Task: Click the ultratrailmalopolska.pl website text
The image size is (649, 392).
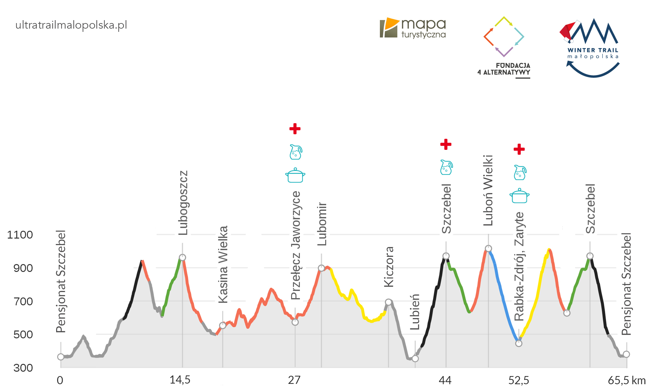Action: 71,25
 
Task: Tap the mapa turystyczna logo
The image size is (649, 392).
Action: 412,28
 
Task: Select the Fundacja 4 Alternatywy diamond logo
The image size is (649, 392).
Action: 504,36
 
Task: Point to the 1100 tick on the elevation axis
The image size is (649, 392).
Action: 20,235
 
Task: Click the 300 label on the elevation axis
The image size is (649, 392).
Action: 23,368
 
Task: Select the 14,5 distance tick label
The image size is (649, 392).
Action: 180,380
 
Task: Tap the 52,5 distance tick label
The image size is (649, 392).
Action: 519,380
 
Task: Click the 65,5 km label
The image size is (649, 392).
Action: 627,380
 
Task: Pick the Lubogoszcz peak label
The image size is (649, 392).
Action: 183,203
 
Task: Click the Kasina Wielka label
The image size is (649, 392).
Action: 223,264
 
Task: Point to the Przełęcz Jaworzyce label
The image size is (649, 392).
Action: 296,245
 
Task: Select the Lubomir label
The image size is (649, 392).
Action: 322,224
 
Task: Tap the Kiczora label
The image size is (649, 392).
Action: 389,267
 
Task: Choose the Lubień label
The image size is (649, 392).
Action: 415,312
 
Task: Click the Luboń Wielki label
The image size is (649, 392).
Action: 488,190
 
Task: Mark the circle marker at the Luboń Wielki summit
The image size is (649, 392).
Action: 488,249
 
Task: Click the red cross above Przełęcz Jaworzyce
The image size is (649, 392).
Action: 295,129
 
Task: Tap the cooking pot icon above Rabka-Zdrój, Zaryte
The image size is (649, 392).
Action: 520,196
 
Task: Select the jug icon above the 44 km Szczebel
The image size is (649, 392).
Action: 446,167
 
